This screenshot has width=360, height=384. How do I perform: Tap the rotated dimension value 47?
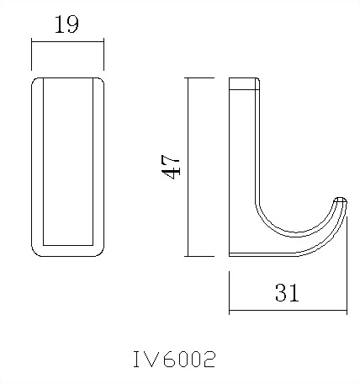click(172, 166)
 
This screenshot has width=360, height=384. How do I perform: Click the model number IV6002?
click(174, 360)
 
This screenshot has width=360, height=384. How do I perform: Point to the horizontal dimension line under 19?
click(67, 40)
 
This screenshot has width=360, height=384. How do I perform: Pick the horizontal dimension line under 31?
click(287, 310)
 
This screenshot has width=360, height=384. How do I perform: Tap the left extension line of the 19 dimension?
click(32, 55)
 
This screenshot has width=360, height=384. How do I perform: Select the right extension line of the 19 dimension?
click(103, 55)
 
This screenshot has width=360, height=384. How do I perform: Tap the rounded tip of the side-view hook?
click(341, 202)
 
